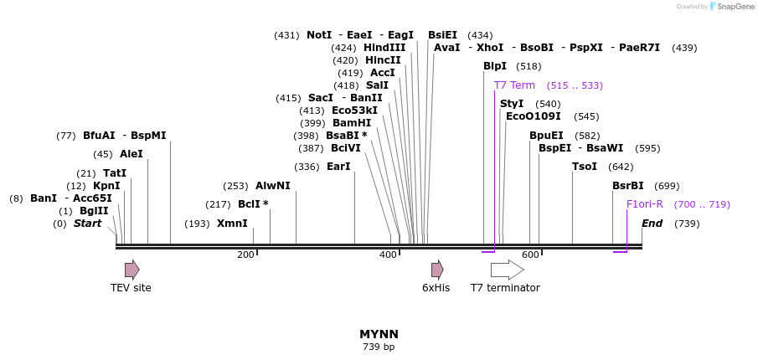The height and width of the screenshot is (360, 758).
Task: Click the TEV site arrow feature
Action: tap(131, 269)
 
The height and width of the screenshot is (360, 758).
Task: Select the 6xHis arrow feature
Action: tap(437, 269)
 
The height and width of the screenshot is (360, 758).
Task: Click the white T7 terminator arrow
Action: tap(507, 269)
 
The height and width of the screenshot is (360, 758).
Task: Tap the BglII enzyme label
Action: tap(94, 211)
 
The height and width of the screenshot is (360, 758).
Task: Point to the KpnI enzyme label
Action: tap(106, 186)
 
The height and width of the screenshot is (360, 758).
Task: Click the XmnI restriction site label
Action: tap(232, 224)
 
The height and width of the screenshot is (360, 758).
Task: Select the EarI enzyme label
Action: tap(338, 167)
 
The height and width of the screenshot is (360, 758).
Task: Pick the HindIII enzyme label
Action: tap(384, 48)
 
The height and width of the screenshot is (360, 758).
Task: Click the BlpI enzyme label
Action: tap(495, 66)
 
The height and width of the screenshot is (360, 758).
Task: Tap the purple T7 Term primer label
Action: tap(514, 85)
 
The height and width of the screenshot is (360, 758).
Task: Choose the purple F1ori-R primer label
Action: tap(645, 204)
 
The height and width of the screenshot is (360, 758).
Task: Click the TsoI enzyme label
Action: tap(585, 167)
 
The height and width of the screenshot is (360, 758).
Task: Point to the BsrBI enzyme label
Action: tap(628, 186)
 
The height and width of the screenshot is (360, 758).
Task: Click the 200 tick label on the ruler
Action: tap(245, 255)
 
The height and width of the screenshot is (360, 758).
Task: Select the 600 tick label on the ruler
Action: tap(530, 255)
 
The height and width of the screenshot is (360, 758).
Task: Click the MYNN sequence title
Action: tap(379, 334)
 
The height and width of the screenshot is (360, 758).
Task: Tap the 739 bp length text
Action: tap(379, 347)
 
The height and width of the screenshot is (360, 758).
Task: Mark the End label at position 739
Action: tap(652, 224)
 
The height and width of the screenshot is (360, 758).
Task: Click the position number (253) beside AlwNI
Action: tap(235, 186)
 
